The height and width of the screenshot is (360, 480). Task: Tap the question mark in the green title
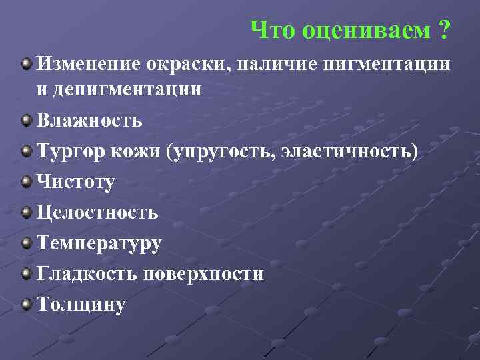tap(443, 29)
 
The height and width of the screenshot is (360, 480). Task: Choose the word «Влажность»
tap(89, 121)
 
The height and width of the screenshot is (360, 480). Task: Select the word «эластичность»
tap(350, 152)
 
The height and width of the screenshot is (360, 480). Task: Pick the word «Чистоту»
tap(75, 182)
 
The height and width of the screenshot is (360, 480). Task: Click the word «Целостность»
tap(97, 213)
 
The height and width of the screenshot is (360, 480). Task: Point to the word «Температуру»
tap(99, 244)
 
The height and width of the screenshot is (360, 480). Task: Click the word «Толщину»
tap(81, 305)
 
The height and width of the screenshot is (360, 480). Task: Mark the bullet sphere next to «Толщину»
tap(26, 305)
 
